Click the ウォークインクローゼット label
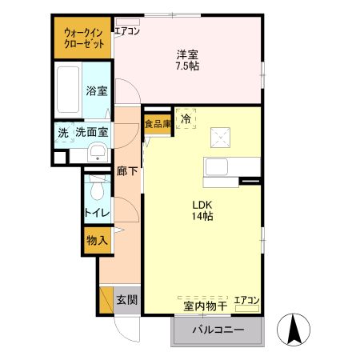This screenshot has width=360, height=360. [84, 38]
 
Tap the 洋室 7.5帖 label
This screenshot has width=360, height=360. [188, 60]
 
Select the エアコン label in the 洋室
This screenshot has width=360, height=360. [127, 31]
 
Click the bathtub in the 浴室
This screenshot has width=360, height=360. [70, 83]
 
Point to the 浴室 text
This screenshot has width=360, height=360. [98, 91]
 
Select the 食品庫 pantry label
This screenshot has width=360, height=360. [158, 124]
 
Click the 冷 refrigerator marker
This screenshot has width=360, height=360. [186, 119]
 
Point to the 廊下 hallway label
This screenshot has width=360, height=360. [126, 170]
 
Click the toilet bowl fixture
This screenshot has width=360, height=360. [97, 190]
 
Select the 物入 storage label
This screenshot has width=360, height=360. [98, 240]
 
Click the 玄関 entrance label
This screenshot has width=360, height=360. [126, 300]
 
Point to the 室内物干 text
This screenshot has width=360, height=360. [206, 306]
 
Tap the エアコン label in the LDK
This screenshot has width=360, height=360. [246, 301]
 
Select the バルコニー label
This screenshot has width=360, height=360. [218, 329]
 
